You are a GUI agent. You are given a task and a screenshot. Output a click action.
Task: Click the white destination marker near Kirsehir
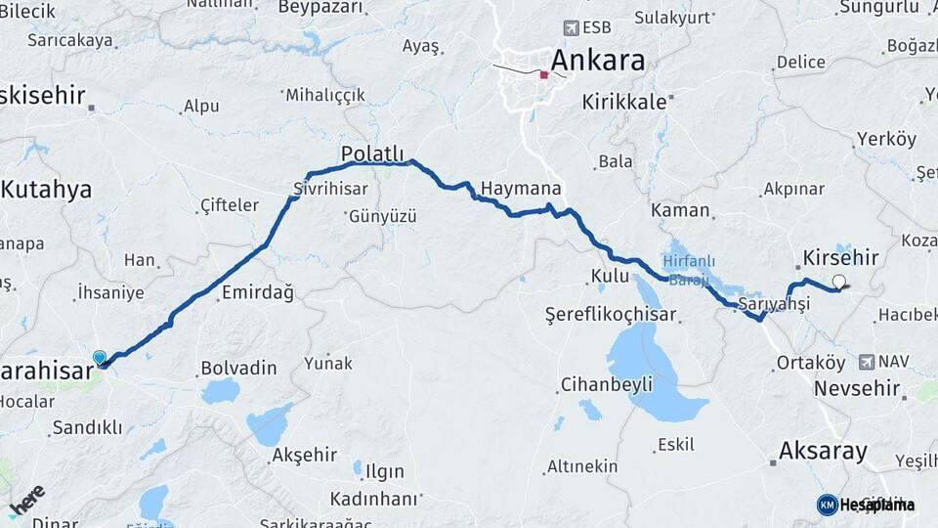[838, 283]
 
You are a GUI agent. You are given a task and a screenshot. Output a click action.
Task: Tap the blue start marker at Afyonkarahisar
[99, 358]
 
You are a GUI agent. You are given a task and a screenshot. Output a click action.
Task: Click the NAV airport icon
[867, 362]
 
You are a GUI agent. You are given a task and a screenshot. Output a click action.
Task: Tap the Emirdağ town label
[257, 292]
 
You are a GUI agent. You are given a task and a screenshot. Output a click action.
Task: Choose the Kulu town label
[611, 277]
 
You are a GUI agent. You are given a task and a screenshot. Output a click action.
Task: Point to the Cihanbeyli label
[606, 384]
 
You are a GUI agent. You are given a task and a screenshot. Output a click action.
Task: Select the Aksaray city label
[823, 452]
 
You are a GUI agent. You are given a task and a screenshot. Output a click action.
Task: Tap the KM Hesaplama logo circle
[827, 505]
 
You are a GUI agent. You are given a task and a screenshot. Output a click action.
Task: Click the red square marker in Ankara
[544, 74]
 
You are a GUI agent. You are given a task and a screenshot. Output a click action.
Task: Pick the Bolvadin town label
[238, 369]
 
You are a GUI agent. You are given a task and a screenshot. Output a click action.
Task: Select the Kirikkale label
[623, 102]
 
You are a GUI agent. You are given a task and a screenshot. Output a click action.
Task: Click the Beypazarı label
[320, 8]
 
